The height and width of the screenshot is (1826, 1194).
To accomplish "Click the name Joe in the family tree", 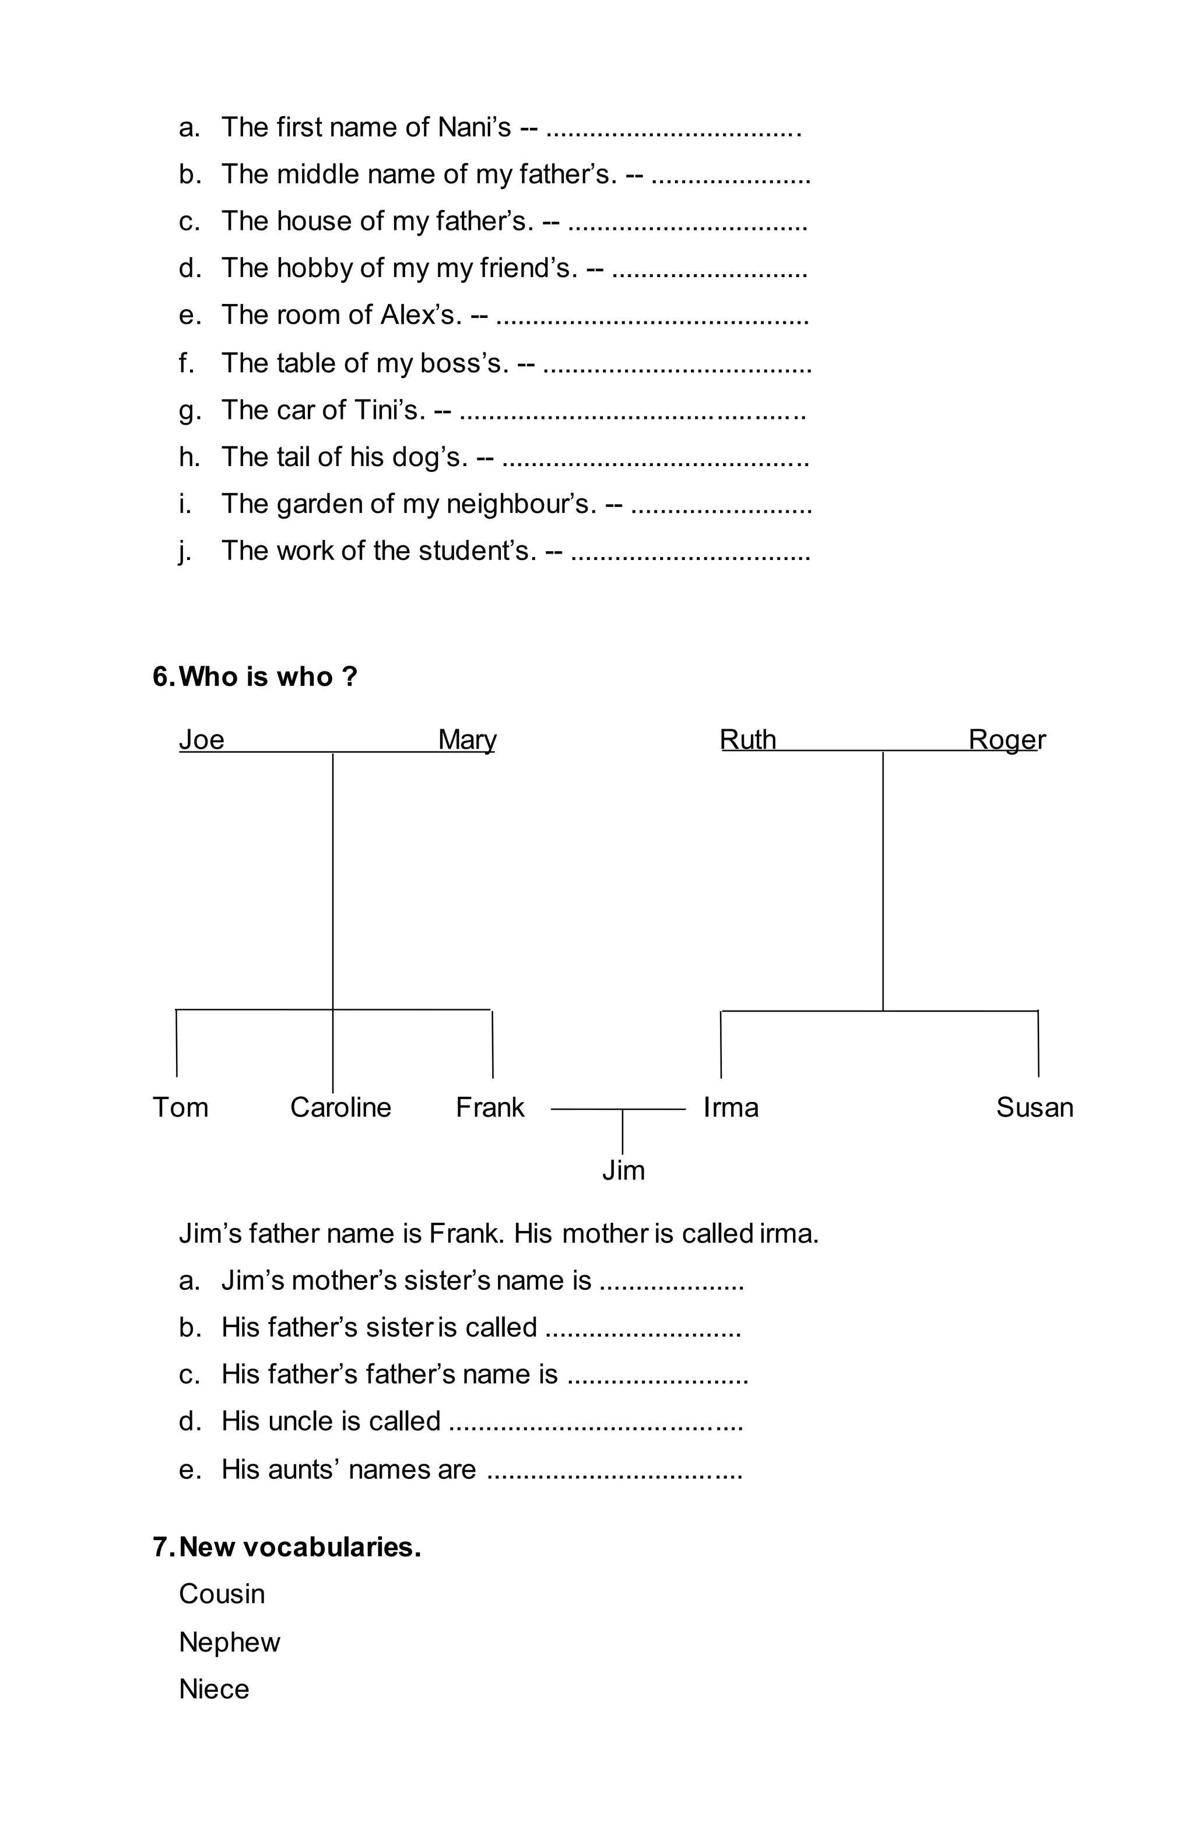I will (201, 740).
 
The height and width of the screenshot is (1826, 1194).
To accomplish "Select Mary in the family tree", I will (466, 740).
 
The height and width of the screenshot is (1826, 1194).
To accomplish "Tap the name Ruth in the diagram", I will (747, 740).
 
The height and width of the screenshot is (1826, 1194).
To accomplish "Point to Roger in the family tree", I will (1006, 740).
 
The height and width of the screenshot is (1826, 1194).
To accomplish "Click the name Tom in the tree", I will (180, 1108).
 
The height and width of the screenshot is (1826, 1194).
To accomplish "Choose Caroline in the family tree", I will (340, 1108).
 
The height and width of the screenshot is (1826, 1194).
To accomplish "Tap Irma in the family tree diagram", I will (731, 1108).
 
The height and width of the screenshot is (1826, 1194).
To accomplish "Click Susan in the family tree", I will (1034, 1108).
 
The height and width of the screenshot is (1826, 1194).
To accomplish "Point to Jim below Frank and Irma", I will (623, 1171).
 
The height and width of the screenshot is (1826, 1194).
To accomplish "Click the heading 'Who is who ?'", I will (268, 677).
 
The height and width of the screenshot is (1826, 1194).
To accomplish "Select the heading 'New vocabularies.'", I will (300, 1547).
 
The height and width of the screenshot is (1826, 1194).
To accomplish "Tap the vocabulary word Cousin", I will (222, 1594).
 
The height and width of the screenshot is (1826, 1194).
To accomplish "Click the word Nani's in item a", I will (474, 127).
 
